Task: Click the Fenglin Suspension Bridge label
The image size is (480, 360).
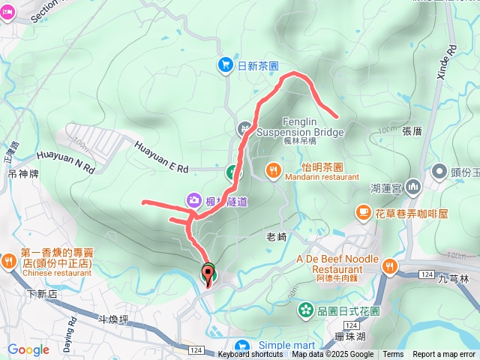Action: [300, 127]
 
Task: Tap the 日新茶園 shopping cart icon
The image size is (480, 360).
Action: [225, 65]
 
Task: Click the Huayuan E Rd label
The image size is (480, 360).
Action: [162, 158]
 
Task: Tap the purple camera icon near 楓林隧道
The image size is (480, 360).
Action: [194, 199]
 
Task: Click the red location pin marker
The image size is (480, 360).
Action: [207, 273]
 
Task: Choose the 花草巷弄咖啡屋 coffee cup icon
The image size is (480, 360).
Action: [363, 213]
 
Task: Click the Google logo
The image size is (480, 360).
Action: [28, 349]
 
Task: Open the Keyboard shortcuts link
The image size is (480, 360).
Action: [250, 355]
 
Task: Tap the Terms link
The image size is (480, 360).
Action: [393, 355]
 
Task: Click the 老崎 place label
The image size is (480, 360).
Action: [277, 236]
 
